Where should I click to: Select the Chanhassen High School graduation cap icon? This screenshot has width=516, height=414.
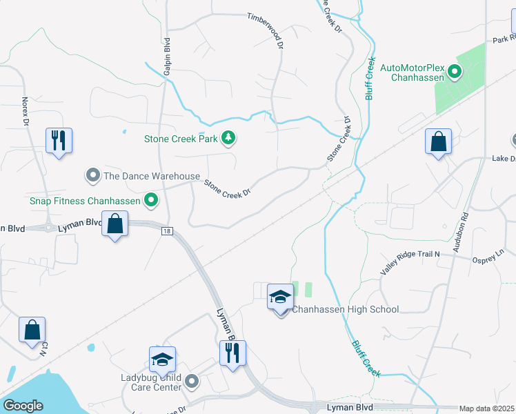(x=280, y=297)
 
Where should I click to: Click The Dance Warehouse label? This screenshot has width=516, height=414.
(x=151, y=176)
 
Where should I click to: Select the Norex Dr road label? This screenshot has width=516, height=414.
(x=25, y=110)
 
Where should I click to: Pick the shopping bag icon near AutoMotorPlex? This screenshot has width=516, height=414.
(x=437, y=142)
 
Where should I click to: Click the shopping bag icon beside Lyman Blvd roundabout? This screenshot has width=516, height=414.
(x=115, y=224)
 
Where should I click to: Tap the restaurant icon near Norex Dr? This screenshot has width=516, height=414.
(x=58, y=141)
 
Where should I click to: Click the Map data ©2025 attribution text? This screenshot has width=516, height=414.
(x=486, y=408)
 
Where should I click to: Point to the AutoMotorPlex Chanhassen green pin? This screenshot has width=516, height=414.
(x=455, y=71)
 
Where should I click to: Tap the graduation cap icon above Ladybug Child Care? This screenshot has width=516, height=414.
(x=162, y=359)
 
